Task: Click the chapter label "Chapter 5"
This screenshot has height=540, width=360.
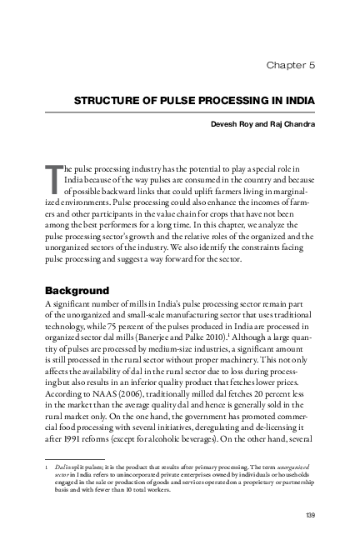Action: tap(289, 64)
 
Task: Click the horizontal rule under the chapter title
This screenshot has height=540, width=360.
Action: tap(184, 112)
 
